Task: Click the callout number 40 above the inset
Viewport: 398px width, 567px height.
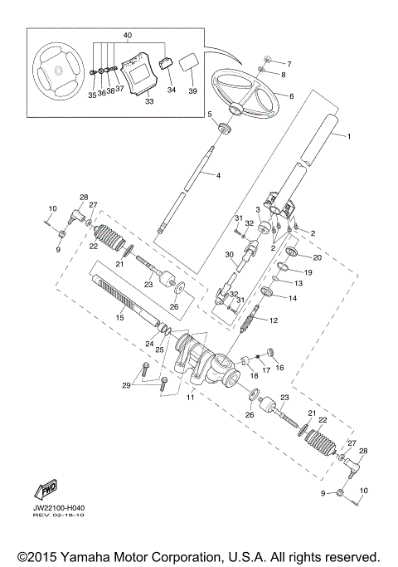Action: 127,36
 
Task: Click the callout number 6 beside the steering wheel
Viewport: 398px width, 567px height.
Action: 291,96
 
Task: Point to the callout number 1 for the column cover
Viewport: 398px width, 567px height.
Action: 349,136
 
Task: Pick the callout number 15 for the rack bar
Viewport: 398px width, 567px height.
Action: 119,317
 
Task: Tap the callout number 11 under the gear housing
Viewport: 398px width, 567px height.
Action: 190,398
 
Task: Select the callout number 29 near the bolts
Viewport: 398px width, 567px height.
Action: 126,386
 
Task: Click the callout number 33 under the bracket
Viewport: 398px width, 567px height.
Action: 149,102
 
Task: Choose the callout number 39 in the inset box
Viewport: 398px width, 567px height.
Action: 192,90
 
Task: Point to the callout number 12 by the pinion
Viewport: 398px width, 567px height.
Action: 274,320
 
